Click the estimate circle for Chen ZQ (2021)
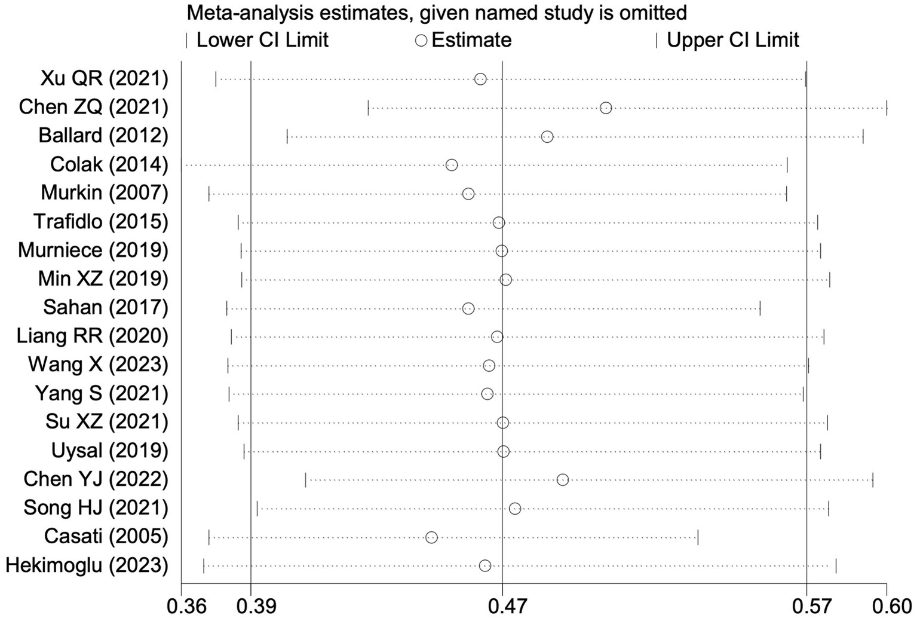(x=606, y=108)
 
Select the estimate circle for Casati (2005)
(x=431, y=537)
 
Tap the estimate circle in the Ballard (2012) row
(x=547, y=137)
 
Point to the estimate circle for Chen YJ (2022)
(x=562, y=480)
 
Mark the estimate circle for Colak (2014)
(x=452, y=165)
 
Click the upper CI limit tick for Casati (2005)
(x=698, y=537)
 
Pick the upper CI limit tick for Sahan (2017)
(x=760, y=308)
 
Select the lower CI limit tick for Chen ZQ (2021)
(x=368, y=108)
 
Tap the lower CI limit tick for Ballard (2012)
(x=287, y=137)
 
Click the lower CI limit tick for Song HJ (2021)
(x=257, y=509)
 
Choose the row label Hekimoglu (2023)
(x=87, y=565)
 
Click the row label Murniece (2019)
(x=93, y=250)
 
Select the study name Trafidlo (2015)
(x=100, y=222)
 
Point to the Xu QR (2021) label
(x=104, y=78)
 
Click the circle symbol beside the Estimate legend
(x=422, y=41)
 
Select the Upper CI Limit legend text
(x=732, y=41)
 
